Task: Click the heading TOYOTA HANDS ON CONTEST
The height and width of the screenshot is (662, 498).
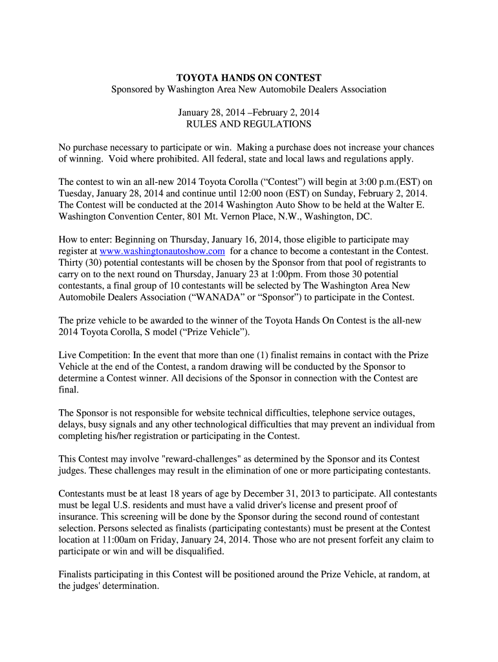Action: pyautogui.click(x=249, y=78)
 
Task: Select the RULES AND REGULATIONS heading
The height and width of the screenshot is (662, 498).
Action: pyautogui.click(x=249, y=123)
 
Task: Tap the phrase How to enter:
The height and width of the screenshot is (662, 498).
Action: pyautogui.click(x=86, y=239)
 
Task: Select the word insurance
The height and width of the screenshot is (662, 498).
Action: pyautogui.click(x=79, y=517)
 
